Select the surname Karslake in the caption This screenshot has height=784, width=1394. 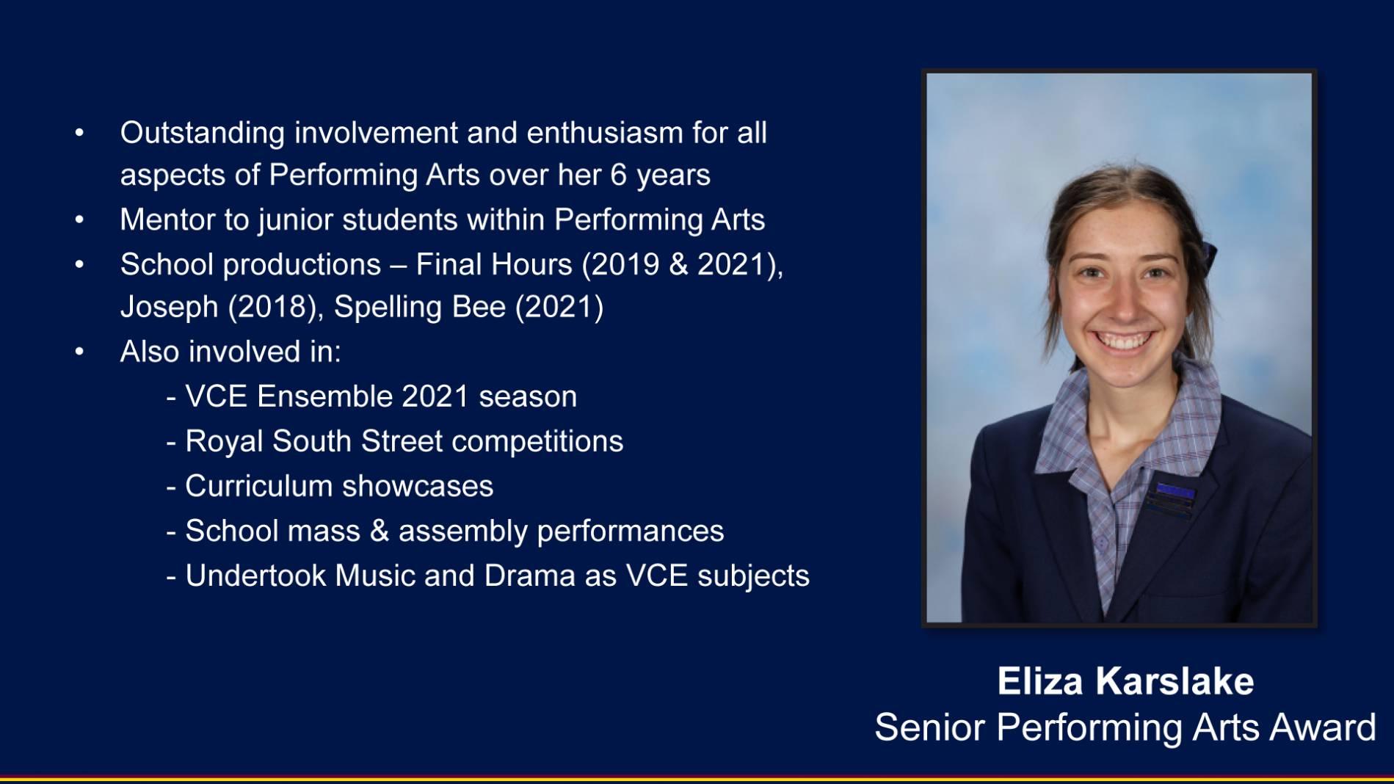click(1175, 681)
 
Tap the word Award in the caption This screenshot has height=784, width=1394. click(1323, 727)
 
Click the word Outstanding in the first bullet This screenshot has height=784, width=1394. click(203, 134)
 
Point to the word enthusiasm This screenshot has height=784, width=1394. click(605, 133)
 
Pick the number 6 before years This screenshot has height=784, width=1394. click(619, 175)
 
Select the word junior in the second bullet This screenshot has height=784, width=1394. click(295, 220)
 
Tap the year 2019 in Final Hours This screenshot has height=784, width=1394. click(626, 264)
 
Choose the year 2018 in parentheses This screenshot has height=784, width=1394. click(272, 308)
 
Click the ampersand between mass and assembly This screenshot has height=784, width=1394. click(379, 531)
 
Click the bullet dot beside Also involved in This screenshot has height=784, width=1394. click(79, 352)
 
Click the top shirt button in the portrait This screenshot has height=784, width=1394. click(1101, 544)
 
